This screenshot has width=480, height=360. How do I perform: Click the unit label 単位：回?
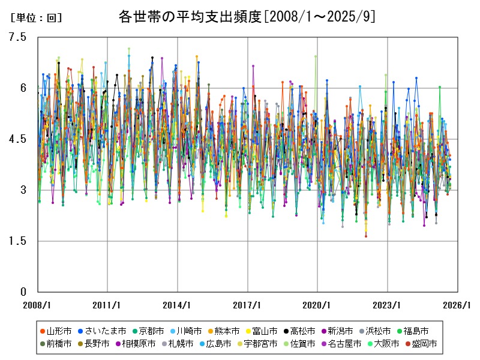(x=37, y=18)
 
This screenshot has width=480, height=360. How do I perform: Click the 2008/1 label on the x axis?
(x=37, y=305)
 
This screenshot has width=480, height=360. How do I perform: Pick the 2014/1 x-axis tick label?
(x=177, y=305)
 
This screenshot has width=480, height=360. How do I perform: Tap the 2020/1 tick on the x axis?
(x=317, y=305)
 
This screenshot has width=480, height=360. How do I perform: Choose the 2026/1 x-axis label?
(x=457, y=305)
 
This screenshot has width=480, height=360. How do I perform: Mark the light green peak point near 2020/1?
(x=316, y=56)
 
